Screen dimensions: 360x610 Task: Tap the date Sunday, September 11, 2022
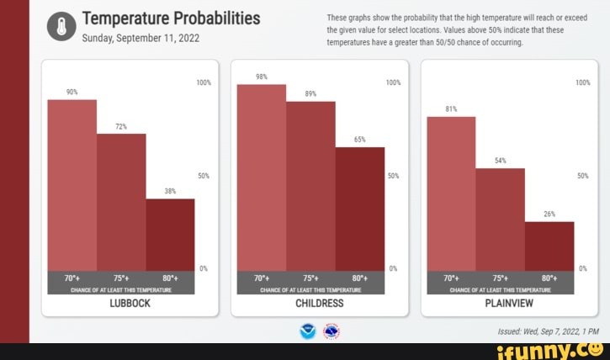click(x=140, y=38)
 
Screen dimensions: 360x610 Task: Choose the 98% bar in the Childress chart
click(x=262, y=176)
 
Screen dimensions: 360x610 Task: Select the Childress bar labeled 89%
click(x=310, y=184)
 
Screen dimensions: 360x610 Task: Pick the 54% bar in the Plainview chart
click(x=500, y=218)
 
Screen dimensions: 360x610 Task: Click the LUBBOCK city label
click(x=130, y=303)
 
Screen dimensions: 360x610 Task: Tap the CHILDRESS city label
click(x=320, y=303)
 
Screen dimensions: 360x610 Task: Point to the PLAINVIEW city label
click(x=510, y=303)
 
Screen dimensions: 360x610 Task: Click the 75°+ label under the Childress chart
click(x=310, y=278)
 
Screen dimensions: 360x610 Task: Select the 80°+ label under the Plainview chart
click(x=549, y=278)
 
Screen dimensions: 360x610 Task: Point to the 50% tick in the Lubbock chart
click(x=203, y=176)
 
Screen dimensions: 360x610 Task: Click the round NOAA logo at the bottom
click(x=307, y=331)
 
